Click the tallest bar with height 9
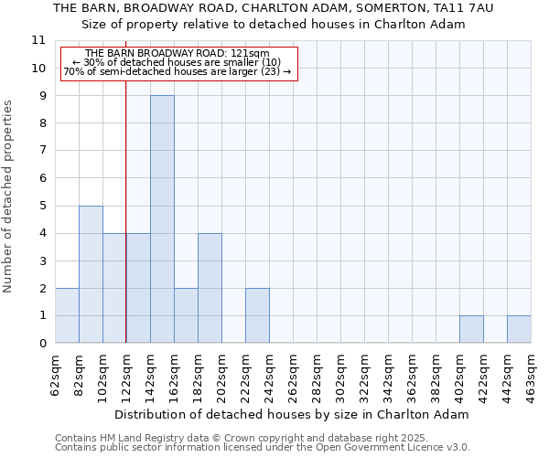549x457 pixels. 162,219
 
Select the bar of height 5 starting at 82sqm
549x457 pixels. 91,274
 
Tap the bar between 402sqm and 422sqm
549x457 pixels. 471,329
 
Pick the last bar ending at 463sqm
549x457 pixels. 519,329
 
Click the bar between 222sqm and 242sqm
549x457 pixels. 257,315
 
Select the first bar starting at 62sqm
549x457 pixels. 67,315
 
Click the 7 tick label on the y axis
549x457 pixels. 41,151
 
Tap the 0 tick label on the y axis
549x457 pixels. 41,344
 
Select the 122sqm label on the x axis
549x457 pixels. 126,372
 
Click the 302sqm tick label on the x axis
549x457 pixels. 340,372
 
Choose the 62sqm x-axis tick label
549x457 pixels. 55,372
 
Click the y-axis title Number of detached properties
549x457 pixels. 9,197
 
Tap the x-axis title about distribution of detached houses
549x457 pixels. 292,414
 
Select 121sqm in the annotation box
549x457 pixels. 248,54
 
